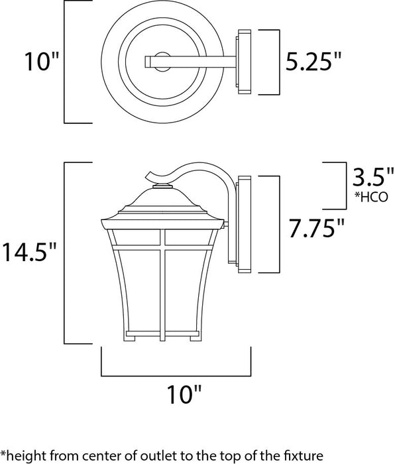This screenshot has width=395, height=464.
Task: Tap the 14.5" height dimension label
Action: point(30,253)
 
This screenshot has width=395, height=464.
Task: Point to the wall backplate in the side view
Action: point(243,224)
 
